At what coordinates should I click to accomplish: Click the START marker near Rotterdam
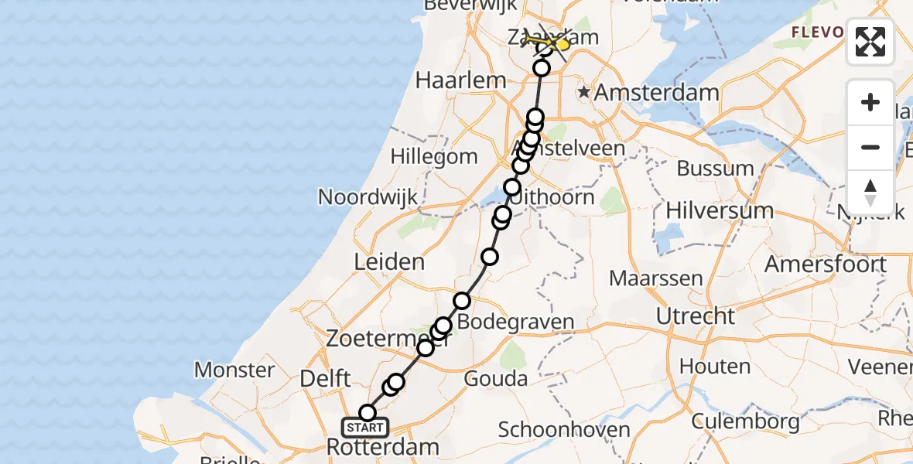pyautogui.click(x=365, y=428)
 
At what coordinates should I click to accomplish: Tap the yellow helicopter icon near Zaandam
pyautogui.click(x=559, y=44)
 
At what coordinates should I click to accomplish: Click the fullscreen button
pyautogui.click(x=870, y=42)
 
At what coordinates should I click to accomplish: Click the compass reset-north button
pyautogui.click(x=870, y=192)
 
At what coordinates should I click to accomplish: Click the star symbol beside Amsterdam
pyautogui.click(x=584, y=93)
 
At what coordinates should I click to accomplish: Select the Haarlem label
pyautogui.click(x=460, y=80)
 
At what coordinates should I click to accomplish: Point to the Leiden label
pyautogui.click(x=389, y=261)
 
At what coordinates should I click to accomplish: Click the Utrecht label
pyautogui.click(x=696, y=316)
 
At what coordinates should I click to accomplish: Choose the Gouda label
pyautogui.click(x=496, y=379)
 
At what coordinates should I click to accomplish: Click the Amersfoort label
pyautogui.click(x=826, y=264)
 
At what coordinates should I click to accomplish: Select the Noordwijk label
pyautogui.click(x=368, y=196)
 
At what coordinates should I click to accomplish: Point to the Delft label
pyautogui.click(x=326, y=379)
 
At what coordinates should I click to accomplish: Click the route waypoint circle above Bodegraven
pyautogui.click(x=462, y=300)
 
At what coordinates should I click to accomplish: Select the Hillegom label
pyautogui.click(x=433, y=156)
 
